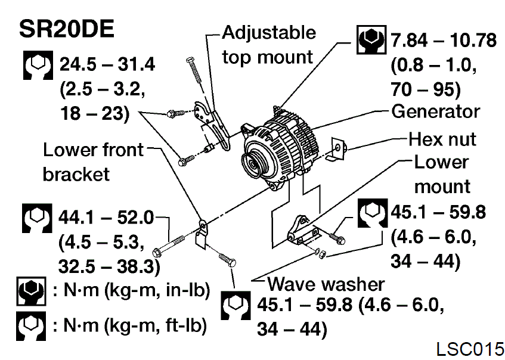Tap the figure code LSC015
[469, 347]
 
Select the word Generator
[435, 111]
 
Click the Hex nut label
[442, 139]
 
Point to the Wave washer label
[326, 284]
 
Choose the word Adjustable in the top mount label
[268, 32]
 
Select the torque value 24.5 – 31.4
[108, 64]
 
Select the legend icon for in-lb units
[30, 292]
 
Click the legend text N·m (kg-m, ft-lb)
[130, 325]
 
